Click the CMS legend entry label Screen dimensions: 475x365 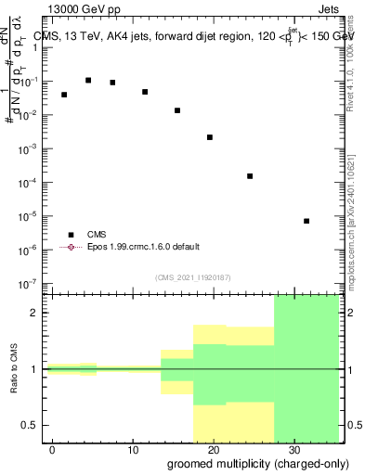[x=98, y=235]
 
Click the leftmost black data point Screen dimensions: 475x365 [x=64, y=95]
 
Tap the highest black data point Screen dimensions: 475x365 [x=88, y=81]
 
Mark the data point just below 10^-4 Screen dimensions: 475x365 [x=250, y=176]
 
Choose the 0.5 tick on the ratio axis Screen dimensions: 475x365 [x=34, y=425]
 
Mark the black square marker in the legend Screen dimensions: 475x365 [x=71, y=235]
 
